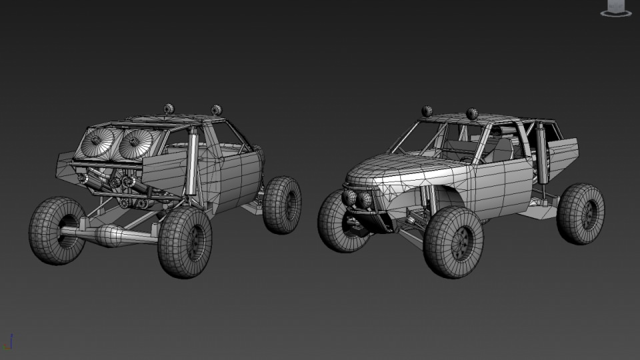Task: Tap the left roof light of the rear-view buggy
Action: point(169,108)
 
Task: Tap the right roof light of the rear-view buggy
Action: point(216,109)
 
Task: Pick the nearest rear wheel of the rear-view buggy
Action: point(185,241)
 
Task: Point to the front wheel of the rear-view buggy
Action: point(281,204)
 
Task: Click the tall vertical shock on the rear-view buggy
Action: point(193,163)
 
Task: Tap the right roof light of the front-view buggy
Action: point(473,114)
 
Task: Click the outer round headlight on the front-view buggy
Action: point(348,197)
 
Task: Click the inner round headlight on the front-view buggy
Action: point(365,199)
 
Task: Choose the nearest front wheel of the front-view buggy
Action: point(453,241)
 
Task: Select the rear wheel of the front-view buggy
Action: point(581,213)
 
